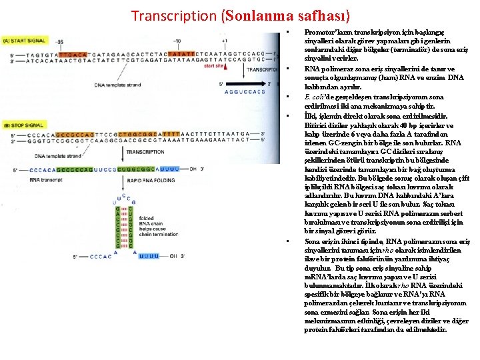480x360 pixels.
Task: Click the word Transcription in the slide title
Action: [174, 15]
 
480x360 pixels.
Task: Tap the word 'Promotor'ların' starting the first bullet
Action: [324, 32]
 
